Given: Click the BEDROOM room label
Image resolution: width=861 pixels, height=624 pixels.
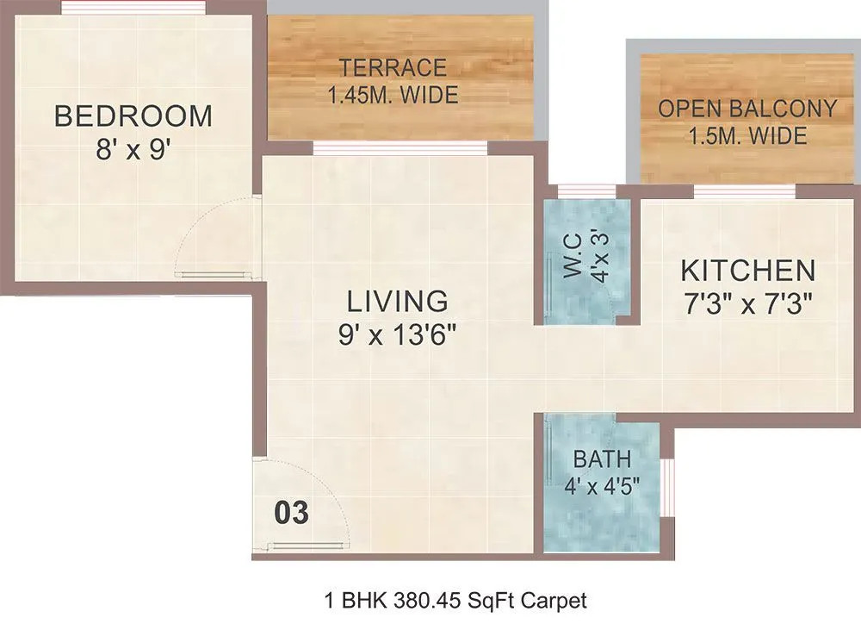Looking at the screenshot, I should [x=133, y=115].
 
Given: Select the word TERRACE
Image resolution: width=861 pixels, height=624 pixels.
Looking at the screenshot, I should [x=392, y=67].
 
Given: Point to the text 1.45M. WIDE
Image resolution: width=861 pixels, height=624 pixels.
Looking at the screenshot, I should [x=392, y=95].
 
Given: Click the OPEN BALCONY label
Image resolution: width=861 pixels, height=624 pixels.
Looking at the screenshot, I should [x=747, y=109].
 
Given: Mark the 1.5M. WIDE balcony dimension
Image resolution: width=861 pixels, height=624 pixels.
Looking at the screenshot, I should [x=747, y=135].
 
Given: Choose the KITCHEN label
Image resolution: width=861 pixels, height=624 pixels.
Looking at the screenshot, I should [x=747, y=271].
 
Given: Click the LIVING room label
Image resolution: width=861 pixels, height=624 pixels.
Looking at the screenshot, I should [x=397, y=301].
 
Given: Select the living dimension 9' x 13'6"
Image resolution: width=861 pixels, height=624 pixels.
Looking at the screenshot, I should [x=397, y=333].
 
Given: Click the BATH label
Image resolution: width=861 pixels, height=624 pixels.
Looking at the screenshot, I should [x=602, y=458].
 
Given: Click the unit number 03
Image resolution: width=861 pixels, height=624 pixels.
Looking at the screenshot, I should [x=291, y=513].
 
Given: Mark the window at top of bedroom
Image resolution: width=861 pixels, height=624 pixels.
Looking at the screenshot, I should [x=133, y=8].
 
